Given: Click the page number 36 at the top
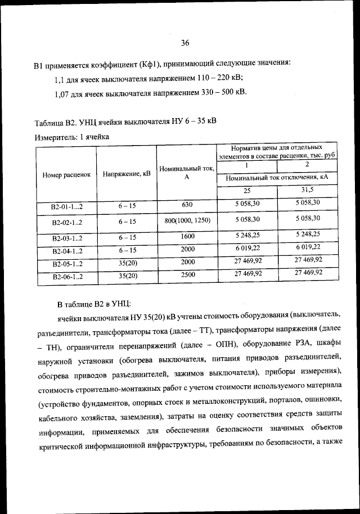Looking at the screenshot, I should point(185,43).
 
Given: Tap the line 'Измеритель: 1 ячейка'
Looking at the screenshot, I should point(71,137).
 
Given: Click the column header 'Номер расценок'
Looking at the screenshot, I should point(66,174).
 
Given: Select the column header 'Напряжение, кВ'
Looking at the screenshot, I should point(127,174).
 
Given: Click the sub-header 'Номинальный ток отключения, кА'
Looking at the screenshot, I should point(276,177).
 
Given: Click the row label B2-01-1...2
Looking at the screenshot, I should point(66,207).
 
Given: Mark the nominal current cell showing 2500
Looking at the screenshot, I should point(187,276).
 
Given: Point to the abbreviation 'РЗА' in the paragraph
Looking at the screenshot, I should point(298,344).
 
